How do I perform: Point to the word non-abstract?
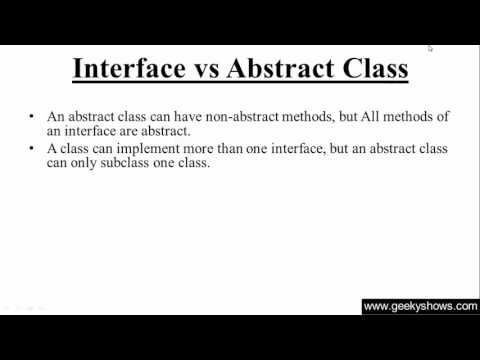click(x=224, y=116)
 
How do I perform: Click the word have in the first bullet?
click(x=165, y=116)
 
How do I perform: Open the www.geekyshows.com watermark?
click(x=419, y=306)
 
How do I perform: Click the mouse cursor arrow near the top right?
click(x=430, y=47)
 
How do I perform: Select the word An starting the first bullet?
click(x=54, y=116)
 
